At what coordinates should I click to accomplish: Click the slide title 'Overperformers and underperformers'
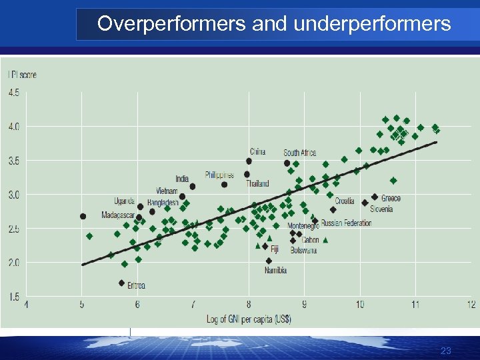click(x=273, y=24)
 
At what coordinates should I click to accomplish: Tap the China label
click(x=258, y=151)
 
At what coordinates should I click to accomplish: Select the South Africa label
click(x=300, y=153)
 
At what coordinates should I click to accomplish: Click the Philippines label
click(x=219, y=175)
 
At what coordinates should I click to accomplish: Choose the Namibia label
click(x=275, y=271)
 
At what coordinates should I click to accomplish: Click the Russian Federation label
click(x=346, y=223)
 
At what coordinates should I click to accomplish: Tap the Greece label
click(x=391, y=198)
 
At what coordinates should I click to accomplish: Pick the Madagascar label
click(x=117, y=215)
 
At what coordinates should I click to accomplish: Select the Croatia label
click(x=345, y=201)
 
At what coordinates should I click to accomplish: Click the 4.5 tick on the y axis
click(x=13, y=93)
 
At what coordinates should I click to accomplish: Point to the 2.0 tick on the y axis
click(x=13, y=263)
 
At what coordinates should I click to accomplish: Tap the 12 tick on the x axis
click(x=471, y=305)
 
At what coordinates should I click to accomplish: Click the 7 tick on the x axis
click(x=193, y=305)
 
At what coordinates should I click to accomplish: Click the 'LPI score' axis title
click(x=22, y=75)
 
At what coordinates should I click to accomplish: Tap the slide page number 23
click(x=446, y=351)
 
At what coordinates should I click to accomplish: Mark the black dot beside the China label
click(x=249, y=161)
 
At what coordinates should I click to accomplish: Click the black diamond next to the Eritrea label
click(x=121, y=283)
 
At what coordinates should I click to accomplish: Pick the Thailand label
click(x=257, y=183)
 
